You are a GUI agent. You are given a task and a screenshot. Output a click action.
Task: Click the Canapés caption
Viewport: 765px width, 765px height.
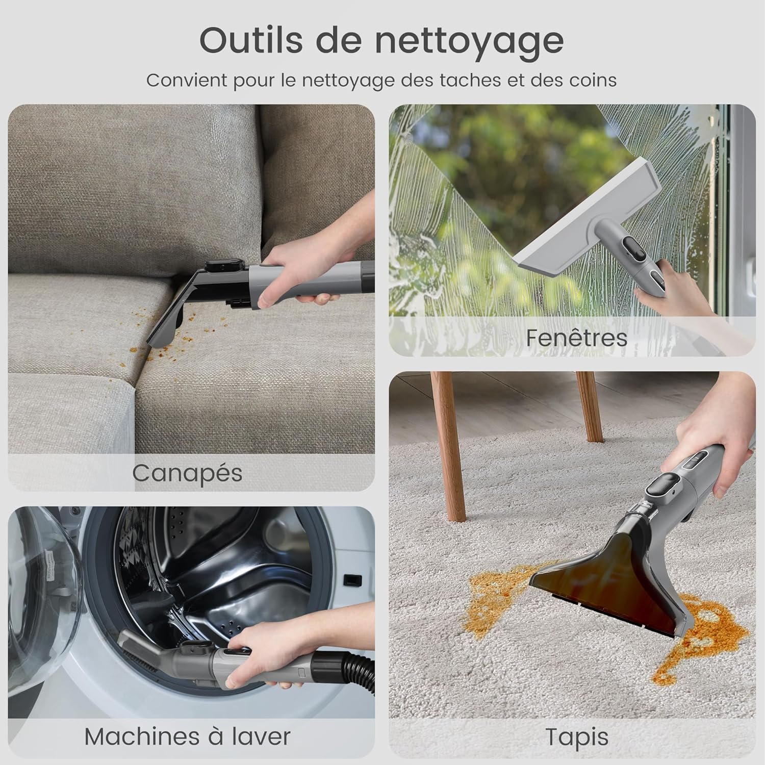[187, 473]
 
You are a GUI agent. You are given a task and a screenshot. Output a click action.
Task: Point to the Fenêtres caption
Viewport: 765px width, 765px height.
[577, 338]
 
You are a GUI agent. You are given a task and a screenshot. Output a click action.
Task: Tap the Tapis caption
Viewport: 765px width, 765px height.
[577, 737]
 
